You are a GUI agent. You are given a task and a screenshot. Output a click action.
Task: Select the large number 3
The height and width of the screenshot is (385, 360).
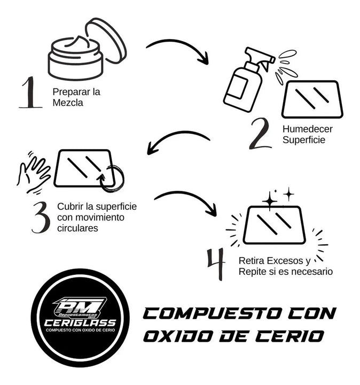41,216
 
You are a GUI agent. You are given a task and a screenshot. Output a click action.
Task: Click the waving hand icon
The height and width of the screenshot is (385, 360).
33,172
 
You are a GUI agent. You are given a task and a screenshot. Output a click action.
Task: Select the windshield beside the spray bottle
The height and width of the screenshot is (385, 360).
312,99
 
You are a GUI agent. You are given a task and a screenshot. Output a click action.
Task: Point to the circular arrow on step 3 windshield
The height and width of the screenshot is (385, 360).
112,179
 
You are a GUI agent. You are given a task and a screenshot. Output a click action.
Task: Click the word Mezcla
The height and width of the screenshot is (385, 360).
68,103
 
